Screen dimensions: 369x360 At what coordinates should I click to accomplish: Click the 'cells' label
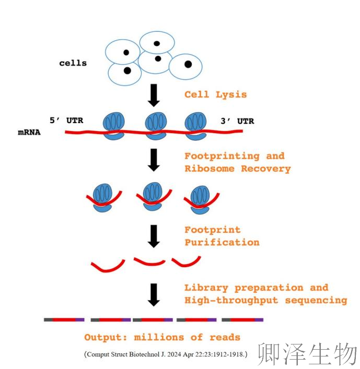pos(73,63)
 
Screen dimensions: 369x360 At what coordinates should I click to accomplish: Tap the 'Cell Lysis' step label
pos(215,94)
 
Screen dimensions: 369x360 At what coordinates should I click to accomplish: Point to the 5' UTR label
pos(66,121)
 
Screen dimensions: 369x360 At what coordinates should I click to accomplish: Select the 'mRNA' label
pos(29,133)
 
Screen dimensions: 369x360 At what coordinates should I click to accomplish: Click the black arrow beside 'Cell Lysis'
pos(154,94)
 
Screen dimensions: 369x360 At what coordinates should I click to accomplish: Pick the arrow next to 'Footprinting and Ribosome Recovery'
pos(154,160)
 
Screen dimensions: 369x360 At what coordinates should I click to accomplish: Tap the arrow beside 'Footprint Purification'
pos(154,236)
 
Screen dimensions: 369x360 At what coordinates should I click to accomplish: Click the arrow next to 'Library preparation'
pos(154,294)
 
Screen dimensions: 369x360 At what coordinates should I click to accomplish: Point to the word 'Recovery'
pos(265,169)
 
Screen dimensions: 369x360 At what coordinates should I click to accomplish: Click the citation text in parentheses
pos(166,354)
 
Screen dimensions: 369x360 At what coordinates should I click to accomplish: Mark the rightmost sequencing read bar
pos(242,319)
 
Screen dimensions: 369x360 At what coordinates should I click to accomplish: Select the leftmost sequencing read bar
pos(64,319)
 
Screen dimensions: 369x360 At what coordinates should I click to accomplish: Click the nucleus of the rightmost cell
pos(188,65)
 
